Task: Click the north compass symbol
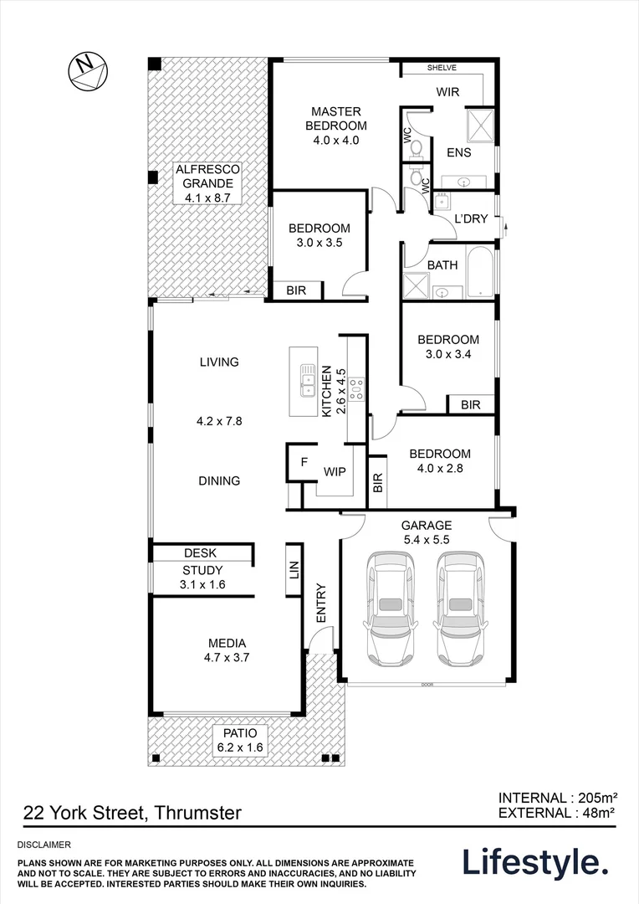87,70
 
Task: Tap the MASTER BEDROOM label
335,126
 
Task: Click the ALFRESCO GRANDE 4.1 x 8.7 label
207,184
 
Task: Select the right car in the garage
459,606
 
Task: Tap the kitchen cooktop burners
356,387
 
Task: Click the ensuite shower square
478,125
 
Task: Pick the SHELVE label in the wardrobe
441,69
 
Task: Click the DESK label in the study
200,553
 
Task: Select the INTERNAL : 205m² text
557,797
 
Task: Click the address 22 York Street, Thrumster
133,812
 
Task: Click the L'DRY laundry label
471,219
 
